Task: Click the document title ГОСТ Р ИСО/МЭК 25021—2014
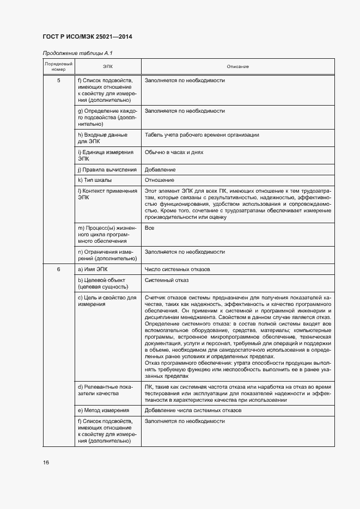pos(87,37)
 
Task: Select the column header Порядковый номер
pos(58,66)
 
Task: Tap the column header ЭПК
pos(107,66)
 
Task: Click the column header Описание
pos(237,66)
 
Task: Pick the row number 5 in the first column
pos(58,81)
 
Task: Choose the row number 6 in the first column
pos(58,269)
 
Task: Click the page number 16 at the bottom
pos(46,462)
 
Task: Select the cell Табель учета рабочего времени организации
pos(202,134)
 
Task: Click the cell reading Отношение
pos(160,180)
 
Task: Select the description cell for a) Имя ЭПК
pos(181,269)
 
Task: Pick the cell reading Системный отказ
pos(167,280)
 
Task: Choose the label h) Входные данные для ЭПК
pos(103,138)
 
